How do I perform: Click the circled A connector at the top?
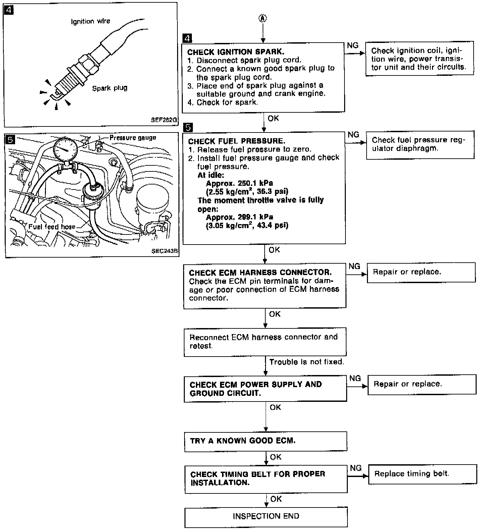coord(263,18)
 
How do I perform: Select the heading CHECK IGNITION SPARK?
coord(235,52)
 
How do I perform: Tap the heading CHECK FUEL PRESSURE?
coord(236,141)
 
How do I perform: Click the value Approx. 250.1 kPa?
coord(239,183)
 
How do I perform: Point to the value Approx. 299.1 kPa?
coord(239,217)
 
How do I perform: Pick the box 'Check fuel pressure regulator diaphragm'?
coord(420,145)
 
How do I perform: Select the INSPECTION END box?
coord(266,516)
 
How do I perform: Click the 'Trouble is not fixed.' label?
coord(307,362)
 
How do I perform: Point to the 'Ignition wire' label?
coord(91,21)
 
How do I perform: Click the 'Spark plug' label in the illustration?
coord(110,88)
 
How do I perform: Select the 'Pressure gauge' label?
coord(133,138)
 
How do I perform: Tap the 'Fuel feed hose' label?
coord(52,227)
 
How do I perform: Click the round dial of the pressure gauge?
coord(65,149)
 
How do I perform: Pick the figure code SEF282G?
coord(164,120)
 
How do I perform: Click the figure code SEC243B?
coord(165,251)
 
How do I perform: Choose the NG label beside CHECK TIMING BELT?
coord(356,468)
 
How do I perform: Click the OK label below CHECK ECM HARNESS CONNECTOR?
coord(275,314)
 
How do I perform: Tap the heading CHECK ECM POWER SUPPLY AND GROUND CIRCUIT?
coord(256,389)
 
